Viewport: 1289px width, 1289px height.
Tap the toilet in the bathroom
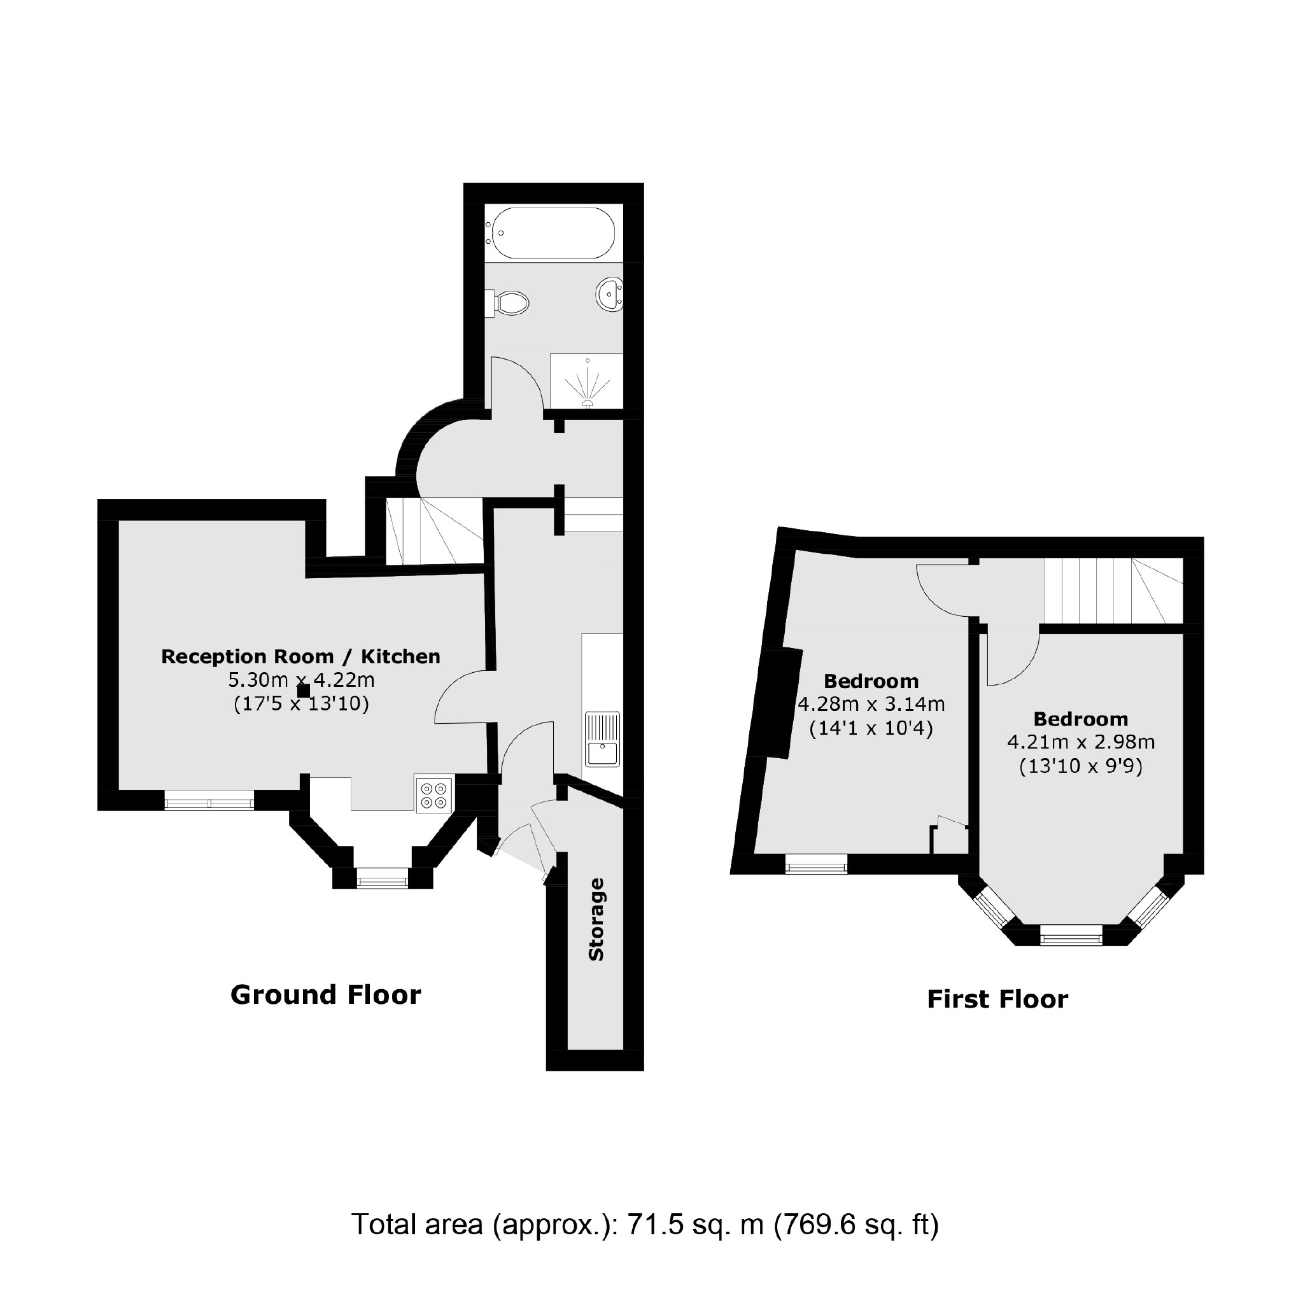(x=511, y=302)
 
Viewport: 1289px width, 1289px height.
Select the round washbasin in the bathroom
(x=608, y=295)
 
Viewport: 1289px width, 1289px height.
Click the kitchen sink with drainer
(x=602, y=739)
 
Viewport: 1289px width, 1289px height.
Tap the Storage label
(x=596, y=919)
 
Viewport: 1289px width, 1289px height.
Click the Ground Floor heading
(x=325, y=995)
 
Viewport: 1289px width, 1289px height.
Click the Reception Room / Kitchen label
(x=301, y=656)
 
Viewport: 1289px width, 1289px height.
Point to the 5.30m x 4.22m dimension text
(x=301, y=680)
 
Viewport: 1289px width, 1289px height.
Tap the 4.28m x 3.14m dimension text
(x=871, y=705)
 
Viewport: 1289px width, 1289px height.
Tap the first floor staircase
(x=1111, y=591)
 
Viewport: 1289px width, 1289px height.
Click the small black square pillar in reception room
(x=304, y=691)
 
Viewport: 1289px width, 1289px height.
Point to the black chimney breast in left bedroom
(x=776, y=703)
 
